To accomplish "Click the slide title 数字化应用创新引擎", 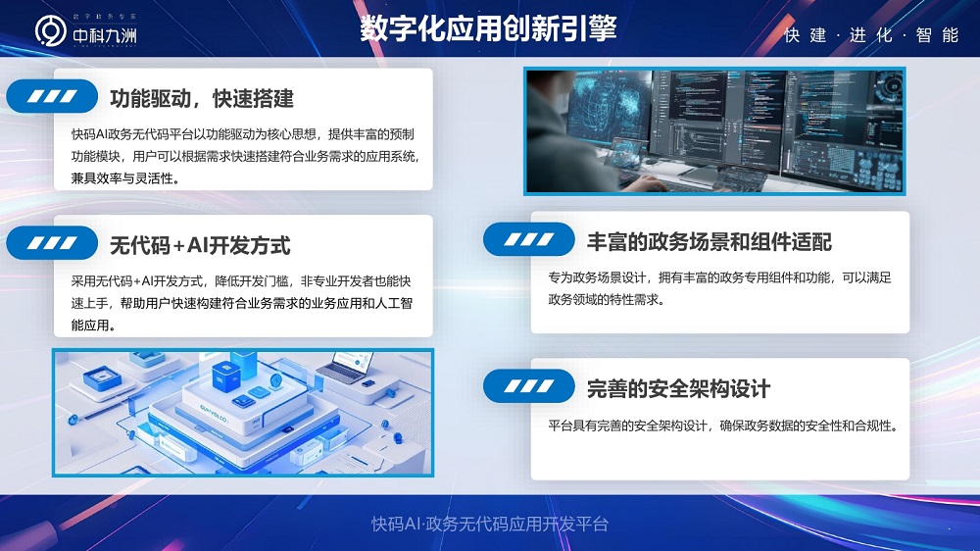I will (488, 28).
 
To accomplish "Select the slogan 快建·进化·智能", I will (871, 35).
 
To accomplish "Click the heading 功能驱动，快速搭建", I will (201, 98).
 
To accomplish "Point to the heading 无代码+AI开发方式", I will (200, 244).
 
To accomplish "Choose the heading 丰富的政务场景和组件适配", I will (709, 241).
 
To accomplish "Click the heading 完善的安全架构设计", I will (678, 387).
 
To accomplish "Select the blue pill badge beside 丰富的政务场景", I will (529, 240).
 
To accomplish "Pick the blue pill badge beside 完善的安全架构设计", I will (529, 386).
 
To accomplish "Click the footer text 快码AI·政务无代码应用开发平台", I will (490, 525).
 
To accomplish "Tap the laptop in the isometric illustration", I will (343, 369).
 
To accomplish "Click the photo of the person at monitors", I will (713, 130).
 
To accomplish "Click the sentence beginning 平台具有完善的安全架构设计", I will (723, 426).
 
